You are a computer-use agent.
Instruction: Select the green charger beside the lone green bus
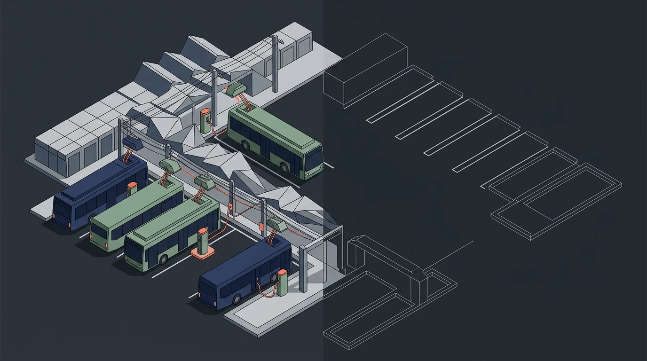(x=205, y=121)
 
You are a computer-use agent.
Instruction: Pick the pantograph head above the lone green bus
(x=238, y=89)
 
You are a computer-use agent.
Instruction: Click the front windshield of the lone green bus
(x=314, y=159)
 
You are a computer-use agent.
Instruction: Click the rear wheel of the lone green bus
(x=245, y=146)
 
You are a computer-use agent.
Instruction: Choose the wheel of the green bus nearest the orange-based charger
(x=163, y=260)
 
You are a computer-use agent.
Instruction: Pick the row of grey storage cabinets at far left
(x=75, y=141)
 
